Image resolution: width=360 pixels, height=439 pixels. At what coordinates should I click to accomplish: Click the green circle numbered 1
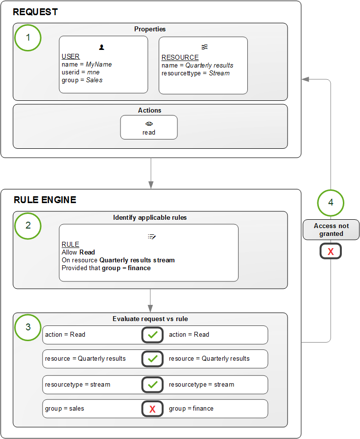[28, 38]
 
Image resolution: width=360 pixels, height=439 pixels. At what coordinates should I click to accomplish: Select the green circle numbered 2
[28, 225]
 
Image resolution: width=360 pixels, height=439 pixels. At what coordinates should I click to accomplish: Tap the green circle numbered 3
[28, 326]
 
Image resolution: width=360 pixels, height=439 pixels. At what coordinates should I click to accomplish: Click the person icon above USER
[101, 47]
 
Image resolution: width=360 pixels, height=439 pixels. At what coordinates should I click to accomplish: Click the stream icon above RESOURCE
[205, 47]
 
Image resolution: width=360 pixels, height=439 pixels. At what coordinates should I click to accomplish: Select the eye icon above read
[149, 124]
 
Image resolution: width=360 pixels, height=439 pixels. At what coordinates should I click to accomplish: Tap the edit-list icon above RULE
[151, 236]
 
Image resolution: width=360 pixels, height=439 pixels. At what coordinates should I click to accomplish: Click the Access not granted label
[331, 230]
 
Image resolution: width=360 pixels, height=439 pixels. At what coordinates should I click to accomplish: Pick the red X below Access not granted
[331, 252]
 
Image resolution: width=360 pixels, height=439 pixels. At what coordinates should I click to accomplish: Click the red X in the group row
[152, 409]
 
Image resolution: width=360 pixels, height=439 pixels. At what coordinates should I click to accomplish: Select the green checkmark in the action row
[152, 335]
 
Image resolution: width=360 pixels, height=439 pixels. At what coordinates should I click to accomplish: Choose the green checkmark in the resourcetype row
[152, 385]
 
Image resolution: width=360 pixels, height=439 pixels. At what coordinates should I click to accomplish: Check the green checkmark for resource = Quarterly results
[152, 359]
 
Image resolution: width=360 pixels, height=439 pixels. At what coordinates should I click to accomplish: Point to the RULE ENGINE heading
[45, 200]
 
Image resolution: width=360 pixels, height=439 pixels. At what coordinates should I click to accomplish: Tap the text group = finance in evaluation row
[191, 408]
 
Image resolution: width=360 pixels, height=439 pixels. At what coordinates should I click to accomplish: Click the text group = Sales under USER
[82, 80]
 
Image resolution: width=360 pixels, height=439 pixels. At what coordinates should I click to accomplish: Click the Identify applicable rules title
[149, 217]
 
